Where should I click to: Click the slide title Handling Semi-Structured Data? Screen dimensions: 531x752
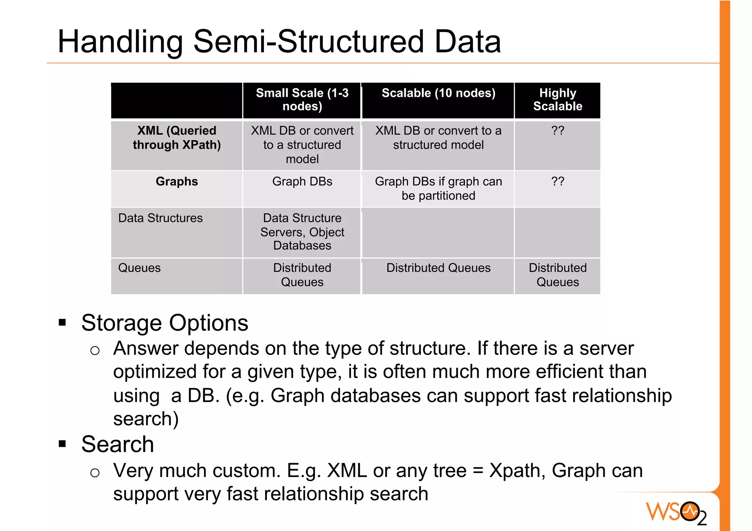coord(279,41)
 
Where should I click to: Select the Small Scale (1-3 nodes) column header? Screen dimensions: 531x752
coord(302,99)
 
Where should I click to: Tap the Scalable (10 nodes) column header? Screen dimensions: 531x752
coord(438,93)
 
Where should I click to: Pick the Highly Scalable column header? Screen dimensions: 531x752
coord(557,99)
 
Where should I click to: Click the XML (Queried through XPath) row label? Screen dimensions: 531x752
coord(177,138)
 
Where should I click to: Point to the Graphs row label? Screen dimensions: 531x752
coord(177,181)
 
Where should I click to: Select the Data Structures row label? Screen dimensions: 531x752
coord(160,218)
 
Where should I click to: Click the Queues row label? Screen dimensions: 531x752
coord(140,268)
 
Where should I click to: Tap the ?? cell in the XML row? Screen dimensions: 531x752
coord(557,131)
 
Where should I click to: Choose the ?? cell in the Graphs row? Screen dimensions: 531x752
coord(557,181)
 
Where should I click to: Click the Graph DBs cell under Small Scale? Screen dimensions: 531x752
coord(302,181)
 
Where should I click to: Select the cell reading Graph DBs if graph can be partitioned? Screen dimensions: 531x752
coord(438,189)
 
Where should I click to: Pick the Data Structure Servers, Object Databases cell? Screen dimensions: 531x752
coord(302,232)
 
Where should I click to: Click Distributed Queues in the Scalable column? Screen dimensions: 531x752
coord(438,268)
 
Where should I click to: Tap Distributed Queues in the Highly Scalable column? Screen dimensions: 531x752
coord(557,275)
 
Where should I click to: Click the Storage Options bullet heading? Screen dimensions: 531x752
coord(164,323)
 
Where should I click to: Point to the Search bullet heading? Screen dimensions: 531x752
coord(117,444)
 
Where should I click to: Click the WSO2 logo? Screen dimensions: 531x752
coord(676,512)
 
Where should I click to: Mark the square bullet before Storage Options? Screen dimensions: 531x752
coord(62,323)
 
